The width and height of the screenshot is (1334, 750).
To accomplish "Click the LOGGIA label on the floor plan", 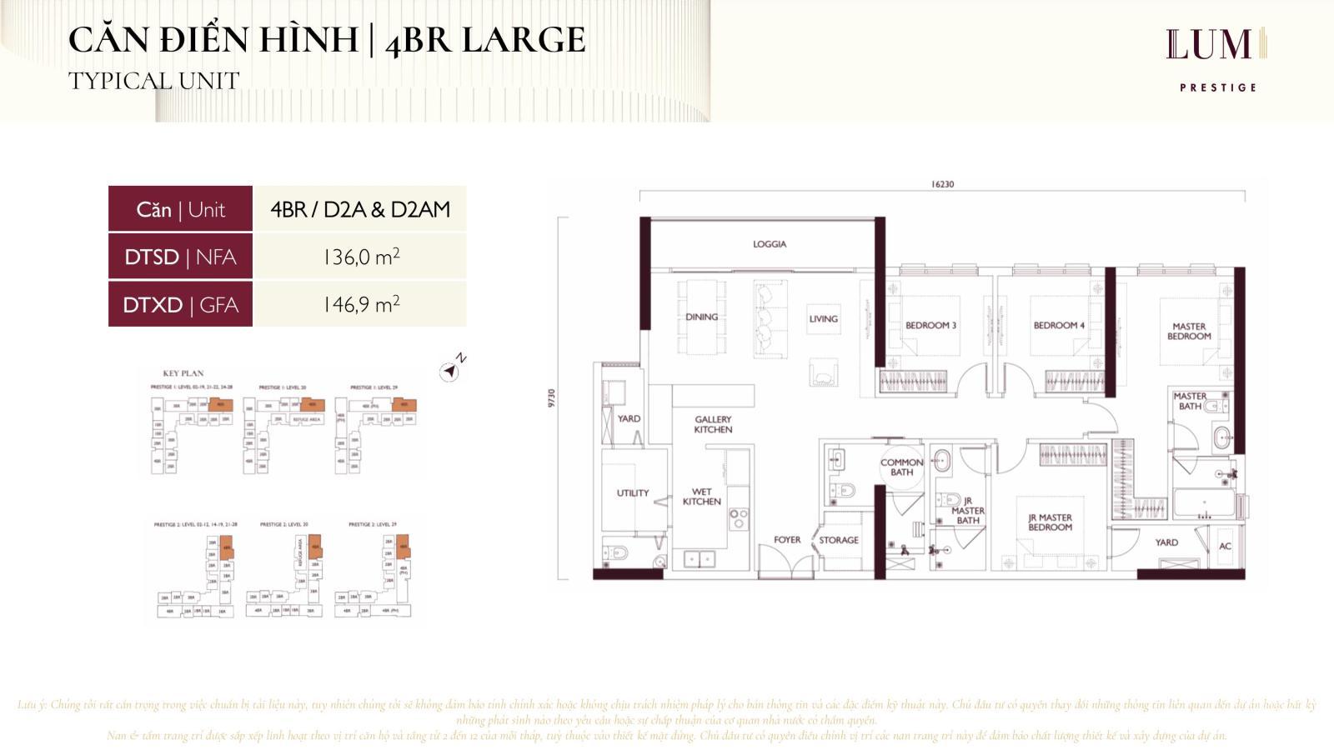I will pos(769,244).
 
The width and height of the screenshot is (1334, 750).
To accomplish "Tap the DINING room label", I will pos(701,317).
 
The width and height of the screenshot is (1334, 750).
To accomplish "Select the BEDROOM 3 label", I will pos(930,325).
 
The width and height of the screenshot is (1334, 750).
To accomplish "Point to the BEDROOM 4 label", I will pos(1059,325).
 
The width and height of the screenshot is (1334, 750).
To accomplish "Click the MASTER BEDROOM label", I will pos(1189,332).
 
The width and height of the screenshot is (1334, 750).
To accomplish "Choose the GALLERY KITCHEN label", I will pos(713,424).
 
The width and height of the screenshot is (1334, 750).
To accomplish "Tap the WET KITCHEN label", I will pos(701,497).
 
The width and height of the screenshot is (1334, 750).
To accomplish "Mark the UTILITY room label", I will pos(632,493).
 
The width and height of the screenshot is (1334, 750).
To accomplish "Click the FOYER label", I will pos(787,540).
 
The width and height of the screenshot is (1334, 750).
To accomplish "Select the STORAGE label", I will pos(839,540).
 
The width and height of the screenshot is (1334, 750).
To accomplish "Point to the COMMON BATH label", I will pos(901,467).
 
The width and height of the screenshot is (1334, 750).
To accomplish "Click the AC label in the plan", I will pos(1225,547).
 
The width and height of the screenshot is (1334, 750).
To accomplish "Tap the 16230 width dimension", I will pos(942,185).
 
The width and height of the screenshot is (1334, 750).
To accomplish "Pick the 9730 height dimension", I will pos(551,398).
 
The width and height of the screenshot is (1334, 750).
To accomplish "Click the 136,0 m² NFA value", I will pos(360,257).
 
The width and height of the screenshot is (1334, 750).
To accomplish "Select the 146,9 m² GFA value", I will pos(360,304).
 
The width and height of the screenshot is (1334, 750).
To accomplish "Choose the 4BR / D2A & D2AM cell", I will pos(360,209).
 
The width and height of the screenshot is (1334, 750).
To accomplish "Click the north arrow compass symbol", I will pos(450,371).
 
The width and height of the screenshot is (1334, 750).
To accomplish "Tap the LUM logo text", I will pos(1209,45).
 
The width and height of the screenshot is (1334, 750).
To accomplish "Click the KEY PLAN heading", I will pos(183,373).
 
